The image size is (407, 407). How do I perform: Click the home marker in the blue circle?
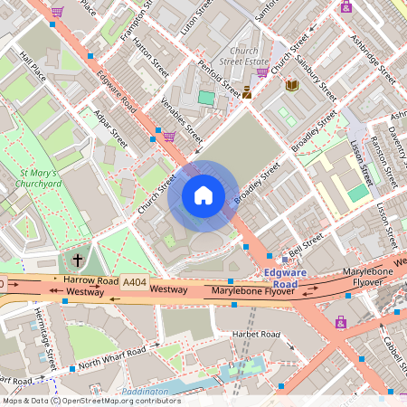(x=203, y=195)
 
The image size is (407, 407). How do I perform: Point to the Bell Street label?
(x=306, y=244)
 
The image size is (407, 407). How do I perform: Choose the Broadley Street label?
(x=258, y=183)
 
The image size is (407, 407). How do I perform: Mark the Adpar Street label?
(x=110, y=126)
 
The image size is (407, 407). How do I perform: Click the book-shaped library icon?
(x=291, y=84)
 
